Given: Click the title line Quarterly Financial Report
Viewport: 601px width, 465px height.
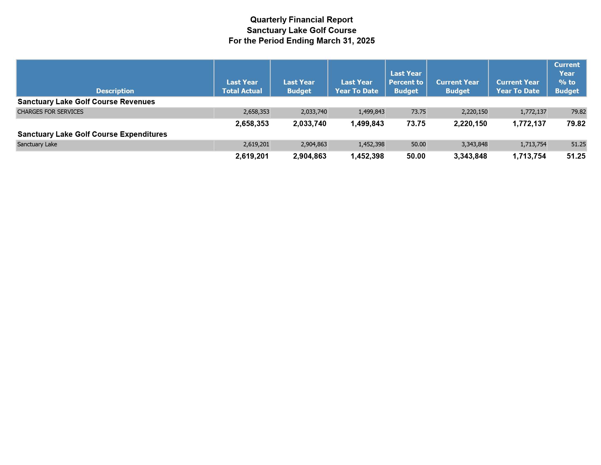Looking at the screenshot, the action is tap(301, 20).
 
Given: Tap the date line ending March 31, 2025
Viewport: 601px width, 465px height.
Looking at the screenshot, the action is tap(301, 41).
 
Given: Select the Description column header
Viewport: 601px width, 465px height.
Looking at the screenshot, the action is tap(115, 91).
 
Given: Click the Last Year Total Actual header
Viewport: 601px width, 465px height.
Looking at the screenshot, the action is tap(242, 86).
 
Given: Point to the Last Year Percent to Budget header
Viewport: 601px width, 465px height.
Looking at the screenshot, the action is tap(406, 82).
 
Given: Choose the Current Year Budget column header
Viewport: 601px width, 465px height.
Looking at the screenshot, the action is tap(457, 86).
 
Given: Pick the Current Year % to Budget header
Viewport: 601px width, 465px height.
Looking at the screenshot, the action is tap(567, 78).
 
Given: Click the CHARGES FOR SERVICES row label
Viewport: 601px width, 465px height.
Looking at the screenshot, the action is tap(50, 112).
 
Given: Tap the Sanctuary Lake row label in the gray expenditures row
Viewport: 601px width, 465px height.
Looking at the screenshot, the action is tap(37, 144).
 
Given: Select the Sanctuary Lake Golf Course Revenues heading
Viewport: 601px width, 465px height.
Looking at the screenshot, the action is tap(86, 102).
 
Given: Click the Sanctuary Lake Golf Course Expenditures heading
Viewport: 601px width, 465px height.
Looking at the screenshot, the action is tap(92, 134).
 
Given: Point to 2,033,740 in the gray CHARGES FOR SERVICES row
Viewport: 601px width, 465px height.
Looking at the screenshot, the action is tap(314, 112).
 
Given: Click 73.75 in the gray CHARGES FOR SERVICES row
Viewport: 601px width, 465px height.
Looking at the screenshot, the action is tap(418, 112).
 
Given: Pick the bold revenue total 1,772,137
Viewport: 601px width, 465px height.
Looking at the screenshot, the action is tap(529, 124).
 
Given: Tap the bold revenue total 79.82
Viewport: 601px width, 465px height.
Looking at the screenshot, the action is tap(576, 124).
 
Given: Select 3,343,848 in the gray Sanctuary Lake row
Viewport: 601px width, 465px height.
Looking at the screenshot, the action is tap(475, 144).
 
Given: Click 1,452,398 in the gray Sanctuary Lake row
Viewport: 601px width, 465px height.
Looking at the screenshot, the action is tap(371, 144).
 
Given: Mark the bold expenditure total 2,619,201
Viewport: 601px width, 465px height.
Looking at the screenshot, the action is tap(252, 156).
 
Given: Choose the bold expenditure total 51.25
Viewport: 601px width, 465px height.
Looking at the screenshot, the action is tap(576, 156).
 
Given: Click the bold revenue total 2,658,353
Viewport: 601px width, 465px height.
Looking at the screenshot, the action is tap(252, 124).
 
